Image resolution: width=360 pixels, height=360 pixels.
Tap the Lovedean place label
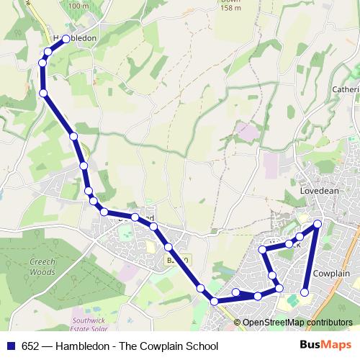318,192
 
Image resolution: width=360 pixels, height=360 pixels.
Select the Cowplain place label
333,274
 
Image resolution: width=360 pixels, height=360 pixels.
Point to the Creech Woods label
43,267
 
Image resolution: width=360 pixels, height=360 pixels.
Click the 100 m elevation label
78,6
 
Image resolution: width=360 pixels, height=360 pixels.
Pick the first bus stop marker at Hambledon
66,40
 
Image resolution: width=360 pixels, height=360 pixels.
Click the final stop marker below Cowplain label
305,292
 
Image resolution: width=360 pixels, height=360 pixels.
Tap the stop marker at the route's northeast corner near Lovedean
318,225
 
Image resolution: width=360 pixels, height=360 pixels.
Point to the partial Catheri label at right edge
345,90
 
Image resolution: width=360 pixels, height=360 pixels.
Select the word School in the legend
201,346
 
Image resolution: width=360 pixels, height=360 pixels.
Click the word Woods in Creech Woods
43,272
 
